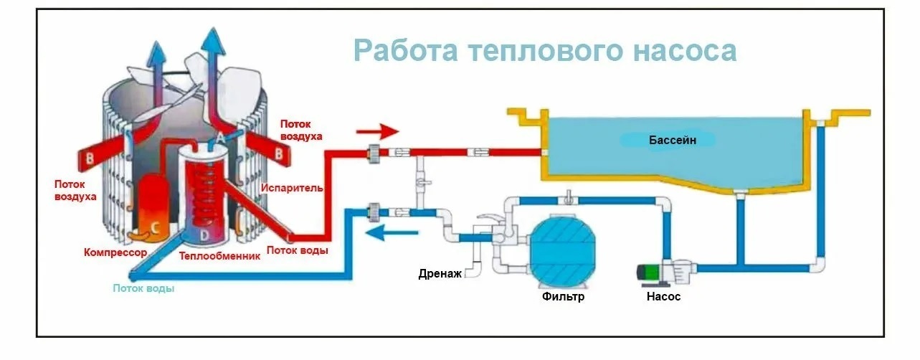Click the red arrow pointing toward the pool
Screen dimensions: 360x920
(x=377, y=132)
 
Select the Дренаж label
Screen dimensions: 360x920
(x=440, y=273)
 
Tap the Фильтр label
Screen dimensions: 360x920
(x=563, y=296)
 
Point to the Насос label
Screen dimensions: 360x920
(x=663, y=296)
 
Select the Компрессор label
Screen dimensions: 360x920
(x=115, y=253)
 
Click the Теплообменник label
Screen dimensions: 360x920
(x=219, y=256)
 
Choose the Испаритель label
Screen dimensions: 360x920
(x=292, y=188)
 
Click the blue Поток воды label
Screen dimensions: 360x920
(x=143, y=288)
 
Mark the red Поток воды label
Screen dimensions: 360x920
(x=298, y=250)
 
